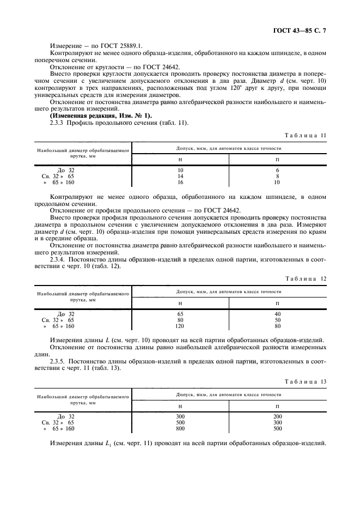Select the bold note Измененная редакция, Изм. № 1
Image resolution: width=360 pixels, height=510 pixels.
(x=101, y=116)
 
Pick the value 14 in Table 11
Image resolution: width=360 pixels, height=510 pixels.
(x=180, y=177)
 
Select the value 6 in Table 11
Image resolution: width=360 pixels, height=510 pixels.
(x=277, y=171)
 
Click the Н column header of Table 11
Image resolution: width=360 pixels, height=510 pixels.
(x=180, y=159)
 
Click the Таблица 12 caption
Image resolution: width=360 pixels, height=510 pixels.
(x=306, y=278)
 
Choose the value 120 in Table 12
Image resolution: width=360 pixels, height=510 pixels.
(x=180, y=326)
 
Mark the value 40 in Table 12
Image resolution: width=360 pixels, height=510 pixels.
(x=277, y=314)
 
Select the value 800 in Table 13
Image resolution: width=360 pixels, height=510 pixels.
(x=180, y=429)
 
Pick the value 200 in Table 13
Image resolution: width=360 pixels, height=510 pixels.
(x=277, y=417)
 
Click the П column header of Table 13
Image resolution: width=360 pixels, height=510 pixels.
(x=277, y=405)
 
